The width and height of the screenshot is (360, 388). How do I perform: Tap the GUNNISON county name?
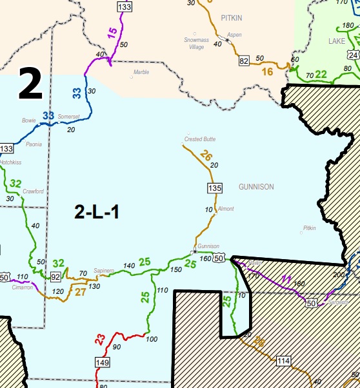click(x=256, y=187)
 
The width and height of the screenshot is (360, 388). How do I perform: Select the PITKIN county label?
click(x=230, y=18)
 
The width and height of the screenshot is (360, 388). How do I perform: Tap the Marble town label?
click(x=141, y=72)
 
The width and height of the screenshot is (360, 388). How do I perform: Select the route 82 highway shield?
click(x=244, y=61)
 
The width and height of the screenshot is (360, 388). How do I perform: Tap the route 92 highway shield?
click(x=55, y=277)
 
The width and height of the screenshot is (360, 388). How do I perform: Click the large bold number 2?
click(x=30, y=84)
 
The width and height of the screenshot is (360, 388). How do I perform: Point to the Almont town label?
click(x=226, y=209)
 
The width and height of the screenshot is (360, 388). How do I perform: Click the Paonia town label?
click(x=34, y=144)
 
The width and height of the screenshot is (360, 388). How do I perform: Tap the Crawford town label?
click(x=34, y=191)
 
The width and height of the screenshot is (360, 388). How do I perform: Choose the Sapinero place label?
click(x=104, y=270)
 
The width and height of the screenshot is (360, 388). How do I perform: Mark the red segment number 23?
click(x=99, y=338)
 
